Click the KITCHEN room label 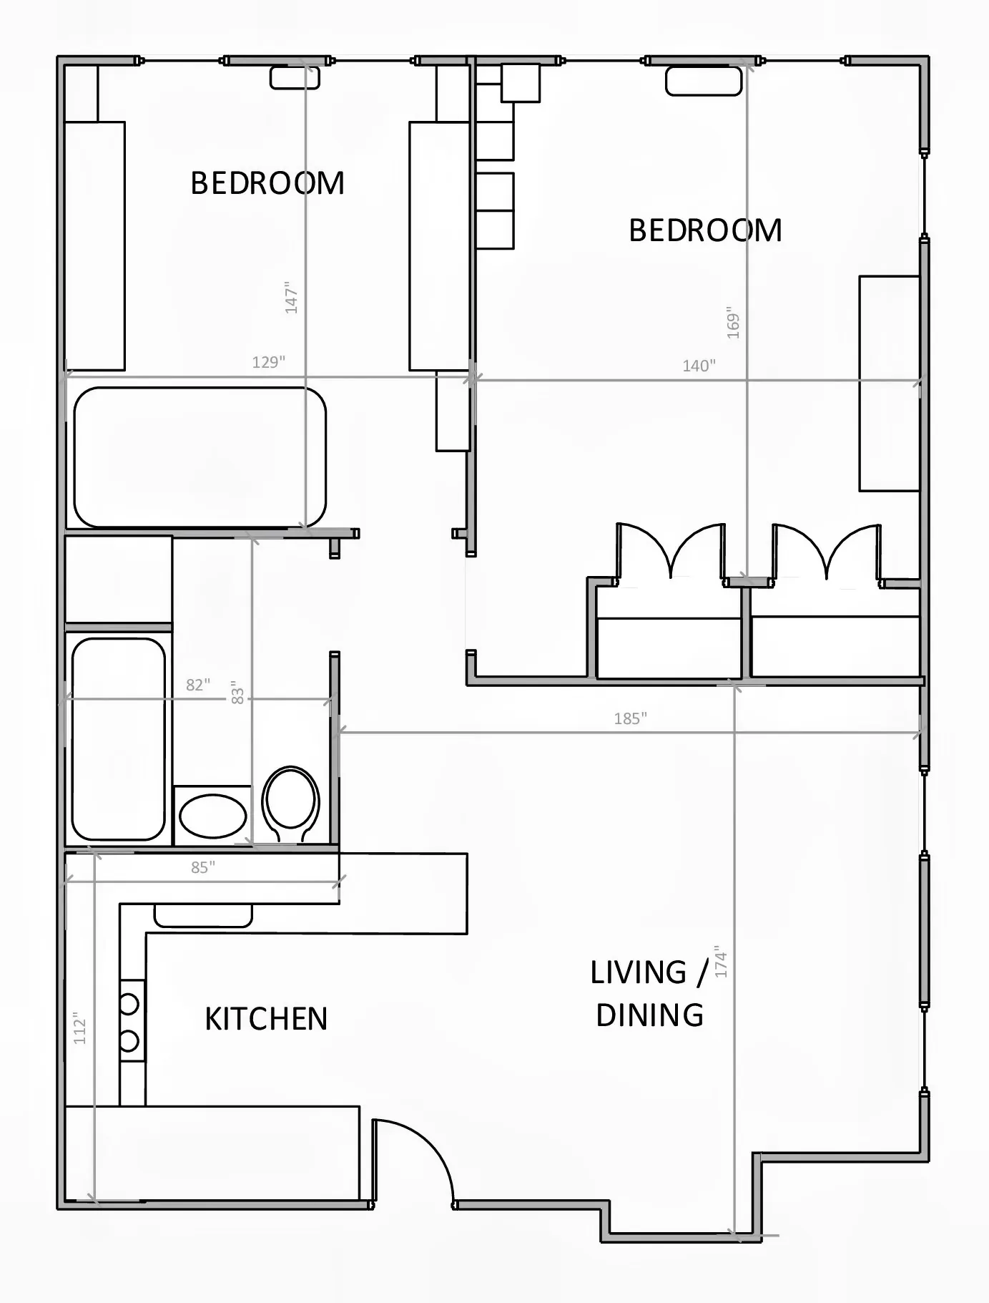266,1018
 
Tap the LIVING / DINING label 649,994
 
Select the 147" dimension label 291,298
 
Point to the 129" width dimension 268,362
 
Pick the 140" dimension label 699,366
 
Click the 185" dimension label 630,718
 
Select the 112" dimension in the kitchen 79,1028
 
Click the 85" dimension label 202,867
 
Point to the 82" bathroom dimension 198,685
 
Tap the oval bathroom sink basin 212,816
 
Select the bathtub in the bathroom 118,738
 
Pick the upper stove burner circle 129,1004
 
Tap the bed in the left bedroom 200,457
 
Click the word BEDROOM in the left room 267,183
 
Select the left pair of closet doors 670,551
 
